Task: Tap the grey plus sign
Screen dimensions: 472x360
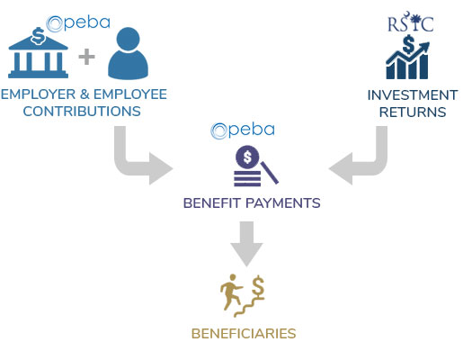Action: (x=86, y=57)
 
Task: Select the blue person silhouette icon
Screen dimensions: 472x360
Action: (x=129, y=53)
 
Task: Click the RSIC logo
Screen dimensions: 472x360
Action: (x=411, y=22)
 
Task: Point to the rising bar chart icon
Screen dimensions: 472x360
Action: (x=407, y=57)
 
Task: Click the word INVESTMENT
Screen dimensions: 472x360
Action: (x=413, y=95)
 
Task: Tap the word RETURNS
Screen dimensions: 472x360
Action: (x=413, y=112)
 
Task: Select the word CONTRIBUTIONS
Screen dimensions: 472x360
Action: (x=82, y=112)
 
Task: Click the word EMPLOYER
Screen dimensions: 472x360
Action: (x=39, y=94)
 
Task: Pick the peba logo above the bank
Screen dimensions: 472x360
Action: (x=78, y=23)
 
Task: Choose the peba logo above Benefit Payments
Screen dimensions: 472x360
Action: (x=243, y=130)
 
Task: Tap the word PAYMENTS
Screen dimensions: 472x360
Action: (x=283, y=203)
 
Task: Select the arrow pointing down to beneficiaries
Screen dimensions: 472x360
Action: (x=246, y=244)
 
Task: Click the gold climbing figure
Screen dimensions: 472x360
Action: (x=230, y=292)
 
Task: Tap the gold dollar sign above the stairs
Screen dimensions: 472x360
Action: (x=258, y=286)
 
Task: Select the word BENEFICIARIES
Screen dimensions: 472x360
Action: (x=244, y=334)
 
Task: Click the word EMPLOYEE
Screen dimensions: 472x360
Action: (x=130, y=94)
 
